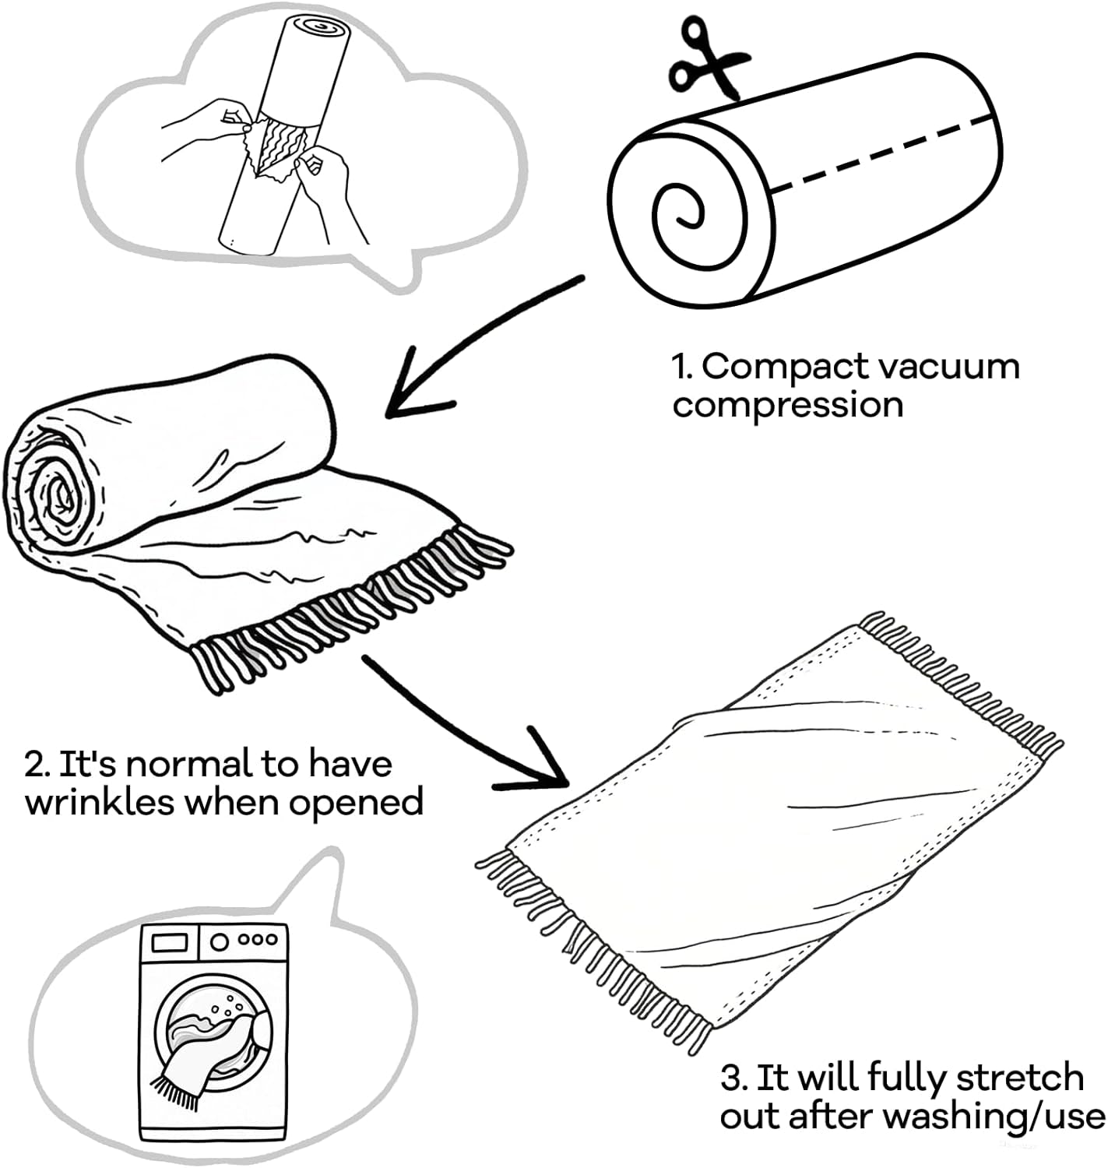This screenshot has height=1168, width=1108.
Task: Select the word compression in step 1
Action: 788,405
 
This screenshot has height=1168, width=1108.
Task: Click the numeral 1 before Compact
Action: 681,367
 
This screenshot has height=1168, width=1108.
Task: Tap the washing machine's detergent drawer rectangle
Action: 169,943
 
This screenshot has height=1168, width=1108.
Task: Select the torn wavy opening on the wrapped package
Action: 280,144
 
